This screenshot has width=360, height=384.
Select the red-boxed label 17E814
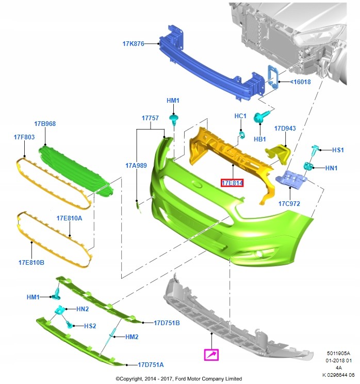[x=232, y=183]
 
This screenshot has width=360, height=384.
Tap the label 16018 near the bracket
[x=301, y=82]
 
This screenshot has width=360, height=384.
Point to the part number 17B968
[x=45, y=124]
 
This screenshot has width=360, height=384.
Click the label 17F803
[x=24, y=137]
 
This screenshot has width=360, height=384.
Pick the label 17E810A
[x=69, y=218]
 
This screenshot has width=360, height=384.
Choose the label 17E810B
[x=31, y=262]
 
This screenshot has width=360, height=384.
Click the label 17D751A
[x=151, y=364]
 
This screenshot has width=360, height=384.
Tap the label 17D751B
[x=167, y=323]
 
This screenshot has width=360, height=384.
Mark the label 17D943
[x=285, y=129]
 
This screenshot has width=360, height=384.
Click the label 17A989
[x=136, y=166]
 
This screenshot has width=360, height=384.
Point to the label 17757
[x=150, y=118]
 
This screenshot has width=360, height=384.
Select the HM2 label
[x=132, y=337]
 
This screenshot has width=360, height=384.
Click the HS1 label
[x=337, y=150]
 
